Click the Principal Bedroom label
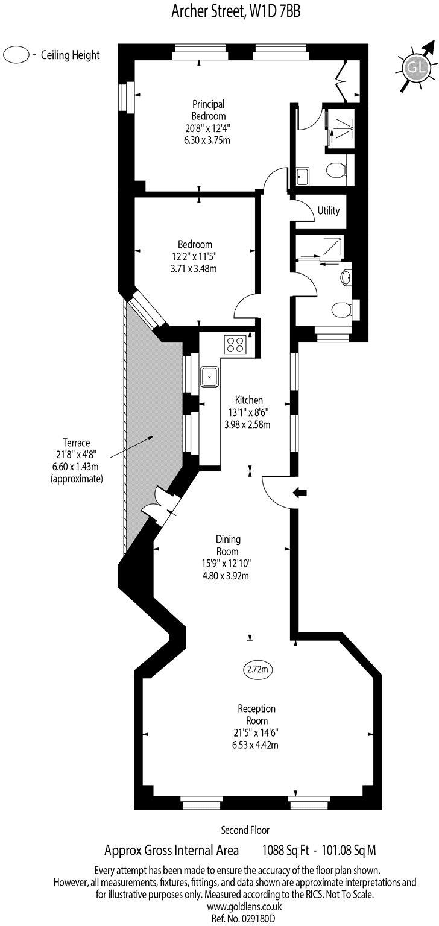[x=209, y=109]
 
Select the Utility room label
[x=329, y=211]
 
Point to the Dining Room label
[x=227, y=546]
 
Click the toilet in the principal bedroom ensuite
[x=336, y=171]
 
